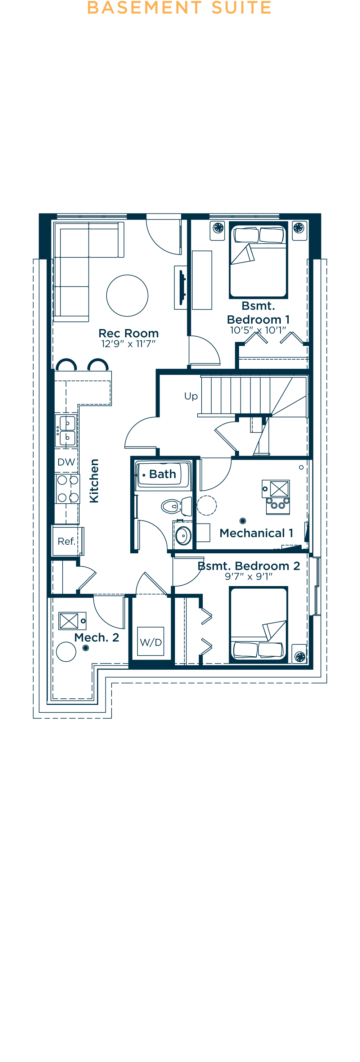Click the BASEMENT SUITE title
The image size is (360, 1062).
[x=179, y=8]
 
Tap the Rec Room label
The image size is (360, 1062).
[x=128, y=333]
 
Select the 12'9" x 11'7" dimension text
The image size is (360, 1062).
[x=128, y=344]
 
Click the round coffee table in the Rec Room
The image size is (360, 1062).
[x=127, y=296]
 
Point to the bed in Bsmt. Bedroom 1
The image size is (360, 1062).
[x=258, y=261]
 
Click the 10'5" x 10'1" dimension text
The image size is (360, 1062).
[x=258, y=330]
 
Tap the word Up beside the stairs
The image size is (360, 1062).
[x=191, y=396]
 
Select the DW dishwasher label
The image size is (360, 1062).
[x=66, y=462]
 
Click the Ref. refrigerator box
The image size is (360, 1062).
[x=66, y=541]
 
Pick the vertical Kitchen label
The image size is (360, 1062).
[x=94, y=481]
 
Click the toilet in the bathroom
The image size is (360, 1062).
[x=176, y=506]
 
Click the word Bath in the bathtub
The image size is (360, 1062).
[x=162, y=474]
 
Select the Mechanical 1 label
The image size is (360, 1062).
[x=256, y=533]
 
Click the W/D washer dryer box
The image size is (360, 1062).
[x=150, y=642]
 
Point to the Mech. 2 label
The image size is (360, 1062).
[x=96, y=637]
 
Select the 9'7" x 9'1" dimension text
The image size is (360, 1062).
[x=248, y=576]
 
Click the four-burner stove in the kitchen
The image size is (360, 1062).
[x=68, y=489]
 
